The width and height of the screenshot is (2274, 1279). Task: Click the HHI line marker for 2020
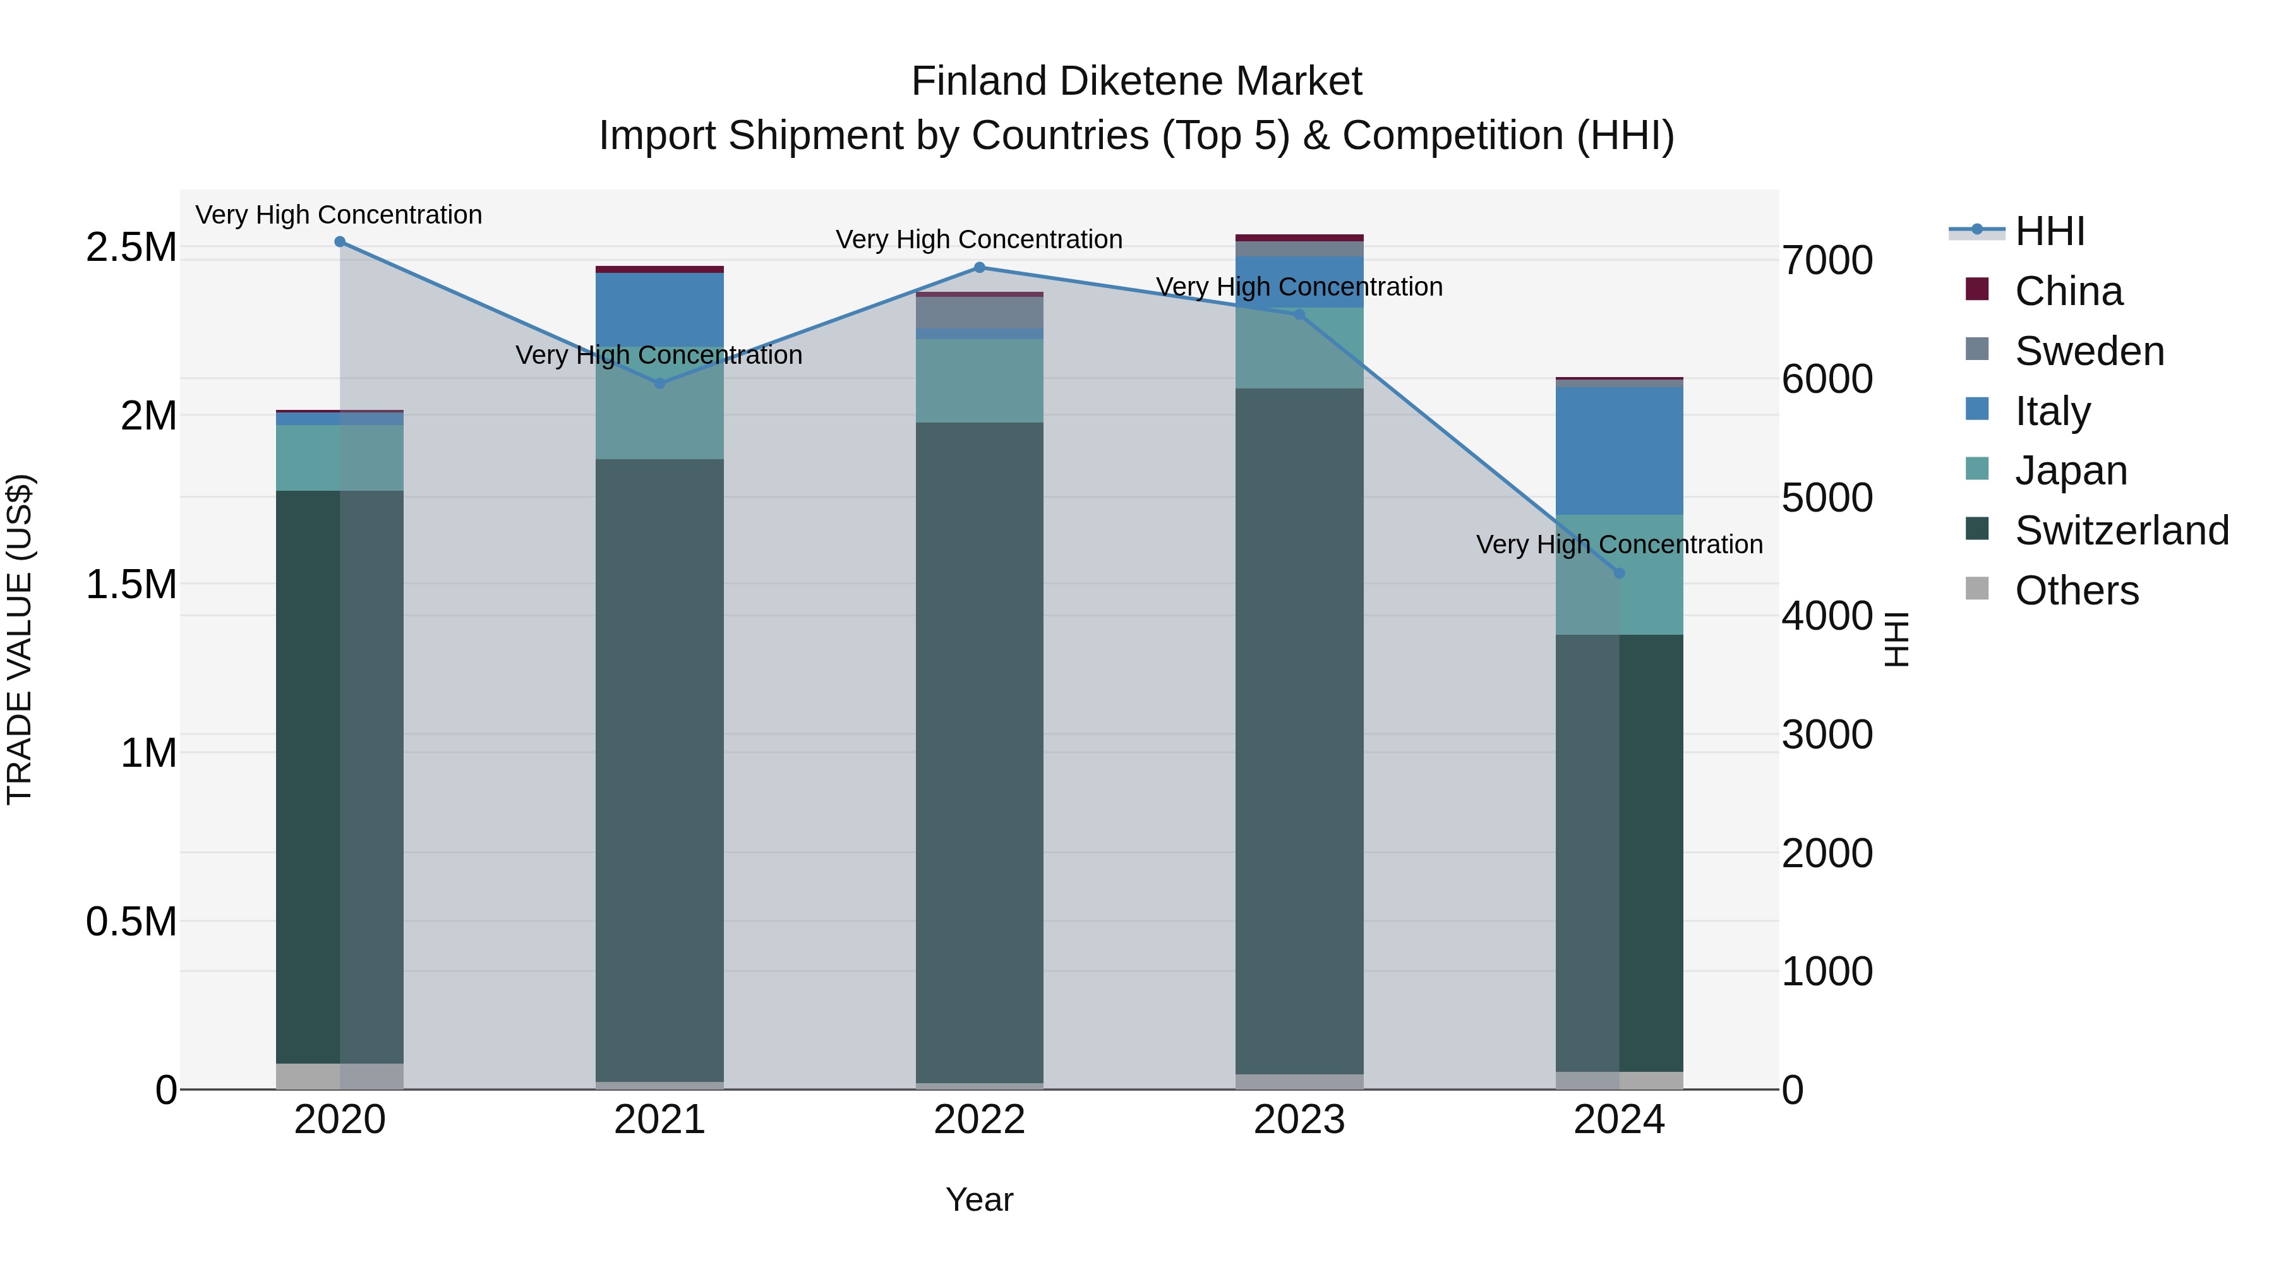coord(340,242)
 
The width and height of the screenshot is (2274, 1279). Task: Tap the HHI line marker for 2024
coord(1619,573)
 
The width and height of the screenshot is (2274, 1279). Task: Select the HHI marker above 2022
coord(979,267)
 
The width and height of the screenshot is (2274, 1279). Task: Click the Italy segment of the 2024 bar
coord(1619,450)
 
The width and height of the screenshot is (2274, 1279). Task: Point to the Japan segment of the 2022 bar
coord(979,380)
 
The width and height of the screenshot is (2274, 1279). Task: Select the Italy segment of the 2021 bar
coord(659,309)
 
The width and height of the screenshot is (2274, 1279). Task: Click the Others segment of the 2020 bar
coord(340,1076)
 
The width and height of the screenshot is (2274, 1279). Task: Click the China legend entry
coord(2068,291)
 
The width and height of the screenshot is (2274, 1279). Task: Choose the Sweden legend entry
coord(2089,351)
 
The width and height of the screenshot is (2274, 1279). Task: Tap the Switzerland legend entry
coord(2121,531)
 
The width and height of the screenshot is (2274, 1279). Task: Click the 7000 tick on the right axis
coord(1826,260)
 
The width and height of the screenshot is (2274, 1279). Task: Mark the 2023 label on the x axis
coord(1299,1120)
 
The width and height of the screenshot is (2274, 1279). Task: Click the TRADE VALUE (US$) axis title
coord(20,639)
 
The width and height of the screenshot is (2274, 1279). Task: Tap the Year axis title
coord(979,1199)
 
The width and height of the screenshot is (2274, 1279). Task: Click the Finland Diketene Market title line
coord(1136,81)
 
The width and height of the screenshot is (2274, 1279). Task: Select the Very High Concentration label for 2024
coord(1619,544)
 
